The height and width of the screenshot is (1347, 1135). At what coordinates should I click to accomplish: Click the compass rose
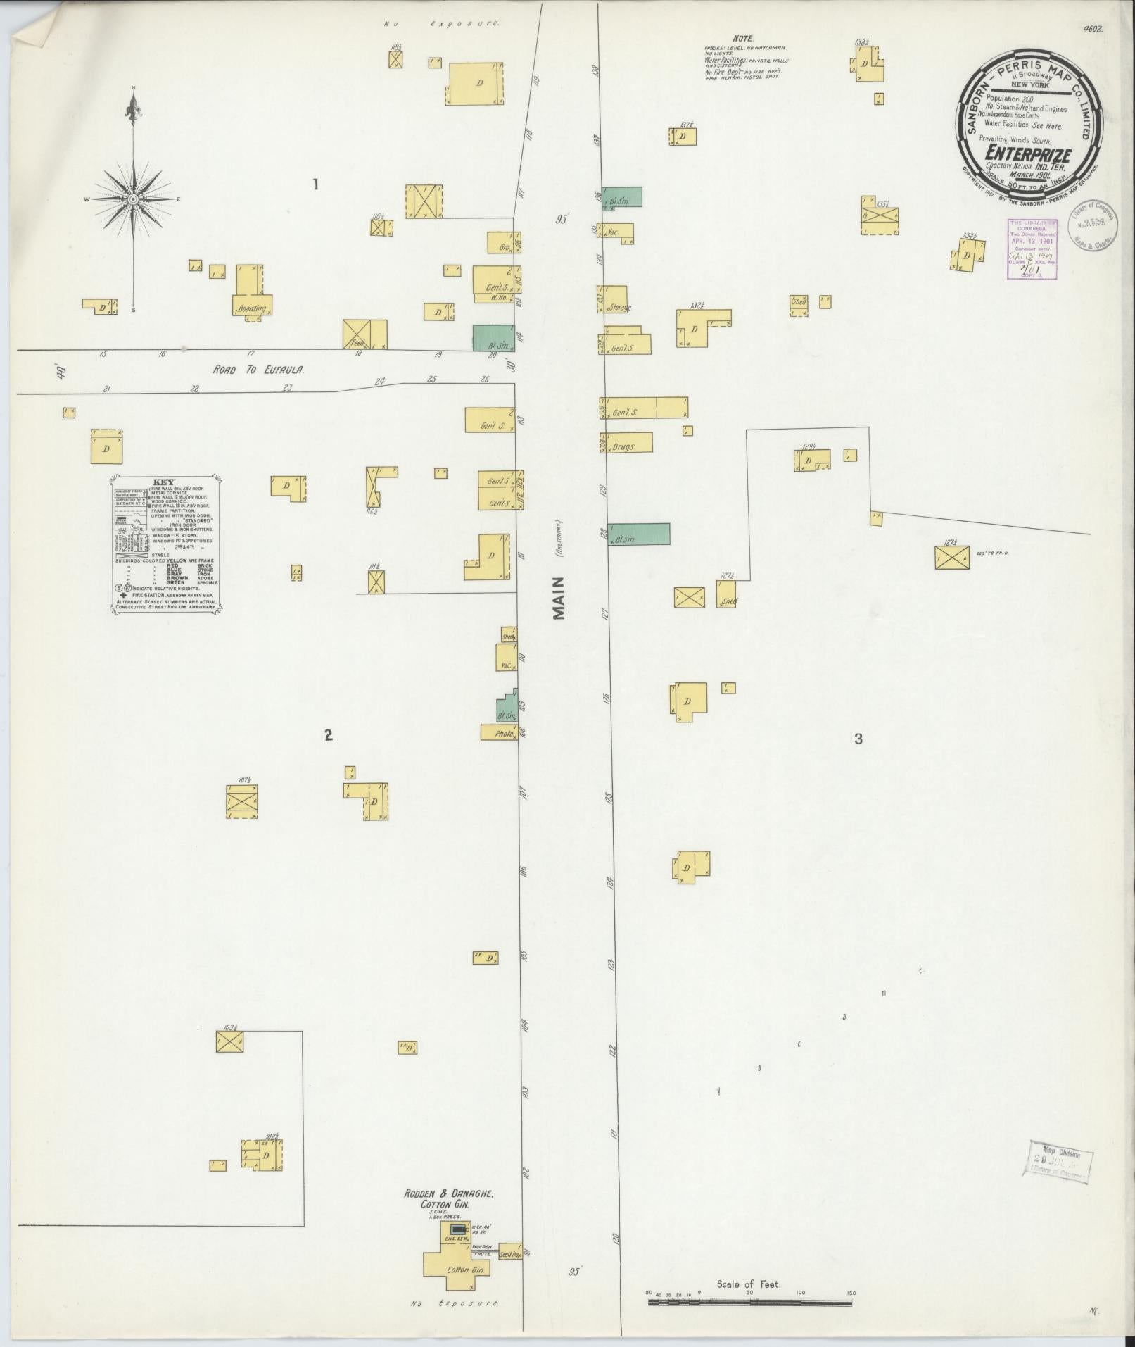point(133,200)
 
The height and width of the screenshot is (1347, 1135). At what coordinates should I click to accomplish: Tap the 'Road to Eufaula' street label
point(258,369)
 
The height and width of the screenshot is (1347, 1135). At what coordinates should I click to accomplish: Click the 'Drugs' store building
point(627,443)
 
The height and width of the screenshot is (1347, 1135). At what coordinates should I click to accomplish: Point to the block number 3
point(858,739)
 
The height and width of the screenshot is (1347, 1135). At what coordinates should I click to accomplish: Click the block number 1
point(316,184)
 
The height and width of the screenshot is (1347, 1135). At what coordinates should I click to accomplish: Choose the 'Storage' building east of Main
point(613,299)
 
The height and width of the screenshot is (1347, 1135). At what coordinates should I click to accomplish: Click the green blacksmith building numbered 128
point(639,534)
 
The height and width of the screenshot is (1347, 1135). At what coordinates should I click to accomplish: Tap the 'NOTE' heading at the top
point(742,38)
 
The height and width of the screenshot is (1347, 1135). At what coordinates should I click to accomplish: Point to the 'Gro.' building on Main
point(502,243)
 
